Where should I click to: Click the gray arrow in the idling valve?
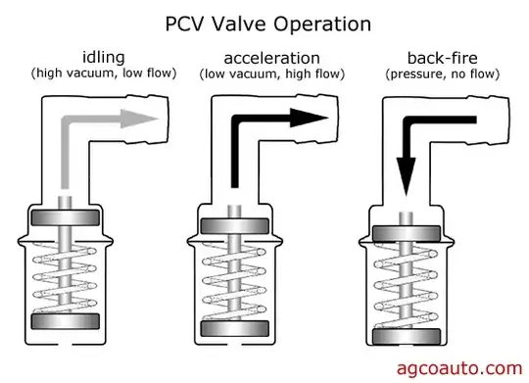pos(98,121)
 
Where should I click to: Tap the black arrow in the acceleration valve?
pos(274,121)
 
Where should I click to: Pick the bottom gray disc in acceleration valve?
pos(233,327)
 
